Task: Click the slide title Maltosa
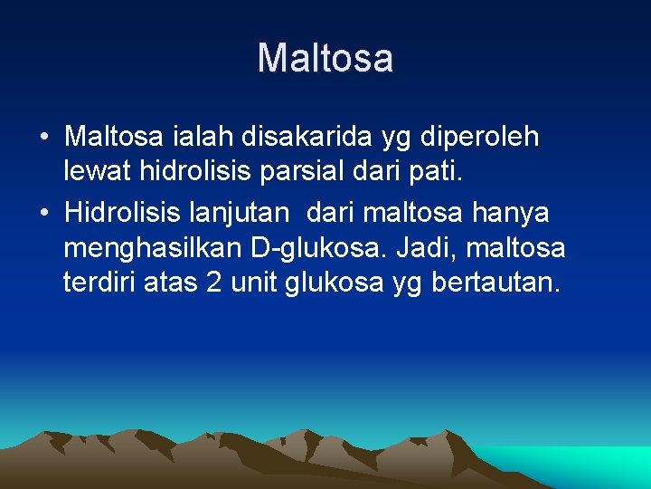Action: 325,59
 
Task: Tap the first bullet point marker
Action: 44,138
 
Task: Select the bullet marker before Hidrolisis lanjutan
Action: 44,214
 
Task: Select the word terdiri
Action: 99,284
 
